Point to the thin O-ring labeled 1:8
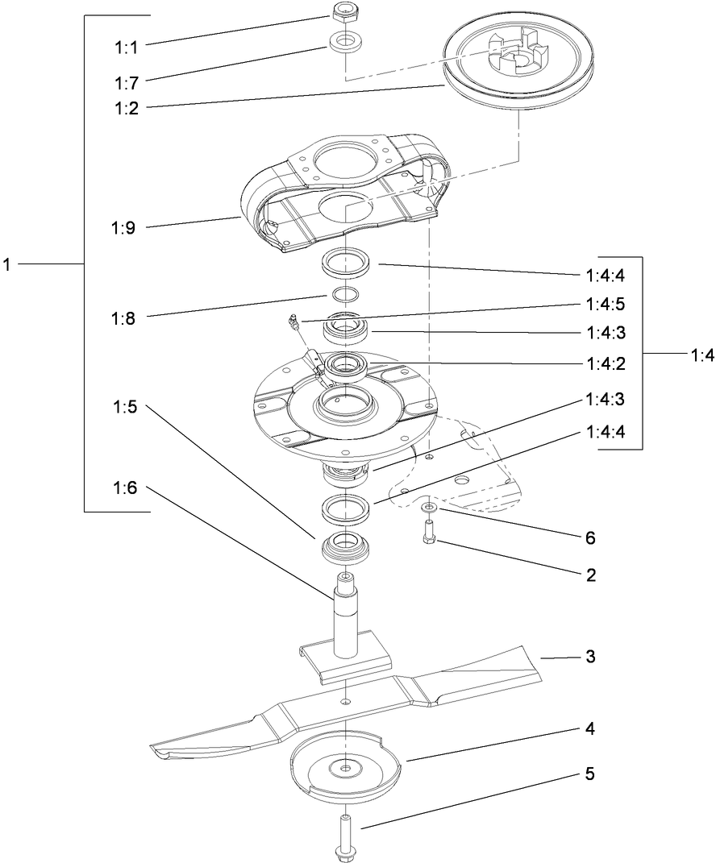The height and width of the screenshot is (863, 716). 345,293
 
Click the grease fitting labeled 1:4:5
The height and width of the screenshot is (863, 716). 293,324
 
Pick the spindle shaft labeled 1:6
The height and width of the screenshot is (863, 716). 346,612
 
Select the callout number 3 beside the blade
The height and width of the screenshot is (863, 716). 590,657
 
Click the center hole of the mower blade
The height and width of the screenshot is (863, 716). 346,703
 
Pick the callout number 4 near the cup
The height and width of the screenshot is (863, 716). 590,729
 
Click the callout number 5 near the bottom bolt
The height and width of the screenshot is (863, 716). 590,774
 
